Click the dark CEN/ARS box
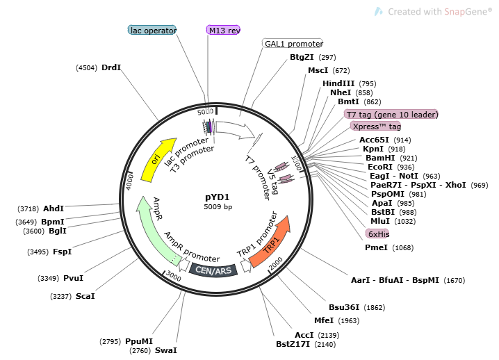tap(213, 270)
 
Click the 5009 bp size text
tap(218, 207)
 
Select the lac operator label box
tap(153, 30)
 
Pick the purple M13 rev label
tap(224, 30)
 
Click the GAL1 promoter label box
tap(293, 43)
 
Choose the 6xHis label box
tap(378, 234)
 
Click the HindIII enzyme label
tap(338, 83)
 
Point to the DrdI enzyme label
tap(111, 67)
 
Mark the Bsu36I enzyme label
tap(347, 306)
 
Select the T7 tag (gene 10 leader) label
tap(393, 114)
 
